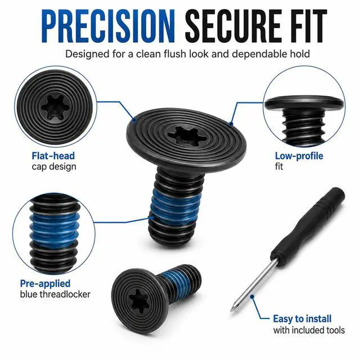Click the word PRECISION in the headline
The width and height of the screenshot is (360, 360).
(x=109, y=26)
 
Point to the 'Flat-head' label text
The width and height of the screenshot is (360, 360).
(x=53, y=156)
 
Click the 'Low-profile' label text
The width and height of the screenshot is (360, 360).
(x=299, y=156)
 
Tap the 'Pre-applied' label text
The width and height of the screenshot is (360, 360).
(x=45, y=283)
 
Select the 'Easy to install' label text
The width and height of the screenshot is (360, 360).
(x=302, y=319)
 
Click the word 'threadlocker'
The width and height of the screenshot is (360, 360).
(x=66, y=294)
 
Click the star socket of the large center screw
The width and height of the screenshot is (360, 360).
(x=186, y=136)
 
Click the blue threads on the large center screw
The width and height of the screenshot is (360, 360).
(x=174, y=206)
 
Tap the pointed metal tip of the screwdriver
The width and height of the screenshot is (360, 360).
(x=232, y=310)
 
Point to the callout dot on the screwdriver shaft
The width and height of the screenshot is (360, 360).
(x=252, y=296)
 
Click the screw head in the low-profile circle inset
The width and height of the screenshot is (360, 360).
(x=304, y=103)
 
